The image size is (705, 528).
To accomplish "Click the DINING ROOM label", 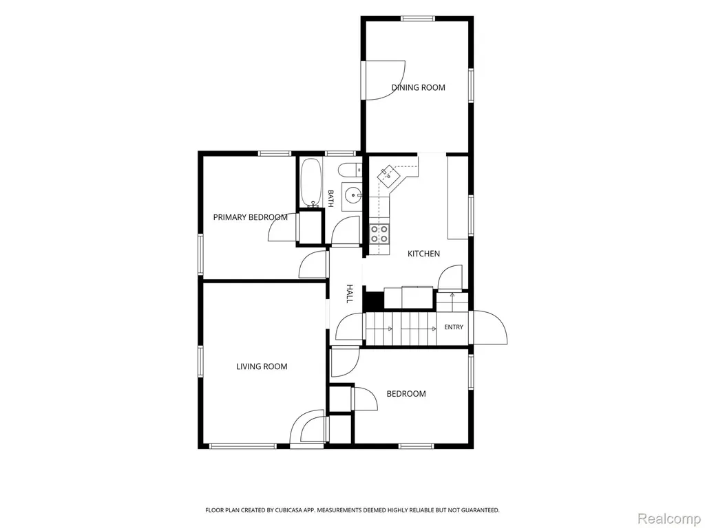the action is point(418,87).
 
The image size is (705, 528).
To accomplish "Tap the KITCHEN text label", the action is point(423,254).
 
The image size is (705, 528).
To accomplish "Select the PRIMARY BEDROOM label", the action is point(251,217).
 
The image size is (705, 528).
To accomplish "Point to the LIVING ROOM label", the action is point(262,366).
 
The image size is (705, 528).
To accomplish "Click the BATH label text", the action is point(330,199).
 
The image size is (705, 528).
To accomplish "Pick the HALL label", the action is point(349,294).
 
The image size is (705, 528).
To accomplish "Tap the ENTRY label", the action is point(454,327).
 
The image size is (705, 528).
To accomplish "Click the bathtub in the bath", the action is point(311,181).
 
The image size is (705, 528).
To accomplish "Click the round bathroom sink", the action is point(353,195).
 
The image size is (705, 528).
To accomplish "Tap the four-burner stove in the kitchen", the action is point(379,234).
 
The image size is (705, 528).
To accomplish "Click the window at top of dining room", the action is point(418,19).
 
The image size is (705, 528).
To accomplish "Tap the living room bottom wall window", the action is point(243,445).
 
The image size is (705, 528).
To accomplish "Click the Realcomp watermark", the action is point(669,518).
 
